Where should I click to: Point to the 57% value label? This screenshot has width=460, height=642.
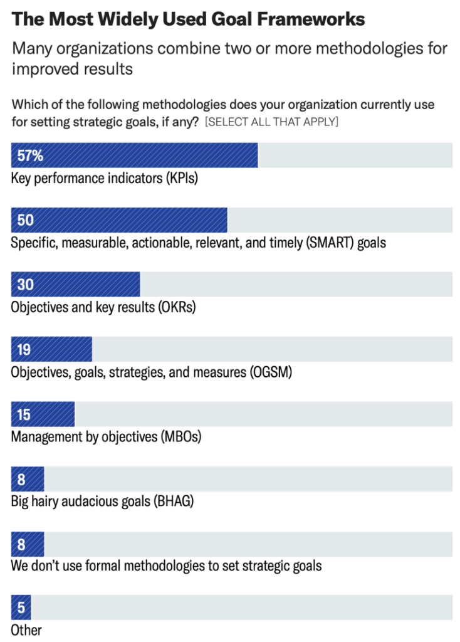[30, 155]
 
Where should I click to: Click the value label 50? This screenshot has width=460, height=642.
[26, 220]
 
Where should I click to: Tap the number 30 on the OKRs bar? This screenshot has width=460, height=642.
[26, 285]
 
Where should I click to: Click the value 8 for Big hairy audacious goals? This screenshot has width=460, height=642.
[21, 480]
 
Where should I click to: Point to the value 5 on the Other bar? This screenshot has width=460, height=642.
[21, 608]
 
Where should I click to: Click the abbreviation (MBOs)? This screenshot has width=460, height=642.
[180, 436]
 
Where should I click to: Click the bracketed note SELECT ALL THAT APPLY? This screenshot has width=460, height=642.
[271, 122]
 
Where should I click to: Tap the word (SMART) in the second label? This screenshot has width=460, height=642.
[330, 242]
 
